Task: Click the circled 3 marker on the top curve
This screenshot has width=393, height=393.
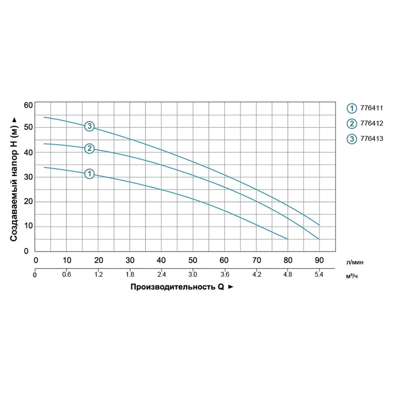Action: click(89, 126)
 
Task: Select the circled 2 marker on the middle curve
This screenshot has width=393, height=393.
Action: click(89, 148)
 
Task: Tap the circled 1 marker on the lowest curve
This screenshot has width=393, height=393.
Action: click(89, 173)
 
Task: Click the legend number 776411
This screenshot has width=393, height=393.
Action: click(372, 108)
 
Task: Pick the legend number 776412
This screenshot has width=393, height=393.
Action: click(372, 123)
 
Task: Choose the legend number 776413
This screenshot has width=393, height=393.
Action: click(372, 139)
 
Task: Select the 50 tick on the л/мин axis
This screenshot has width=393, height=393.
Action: click(193, 260)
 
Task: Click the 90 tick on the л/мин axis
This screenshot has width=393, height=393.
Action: click(319, 260)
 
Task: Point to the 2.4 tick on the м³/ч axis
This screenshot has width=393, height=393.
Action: click(161, 275)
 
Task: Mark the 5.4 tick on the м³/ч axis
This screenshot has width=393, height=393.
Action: click(319, 275)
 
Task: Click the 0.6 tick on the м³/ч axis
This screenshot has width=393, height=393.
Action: click(67, 275)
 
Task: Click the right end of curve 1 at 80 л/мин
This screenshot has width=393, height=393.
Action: click(287, 239)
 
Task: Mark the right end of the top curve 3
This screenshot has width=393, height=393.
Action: click(319, 225)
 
